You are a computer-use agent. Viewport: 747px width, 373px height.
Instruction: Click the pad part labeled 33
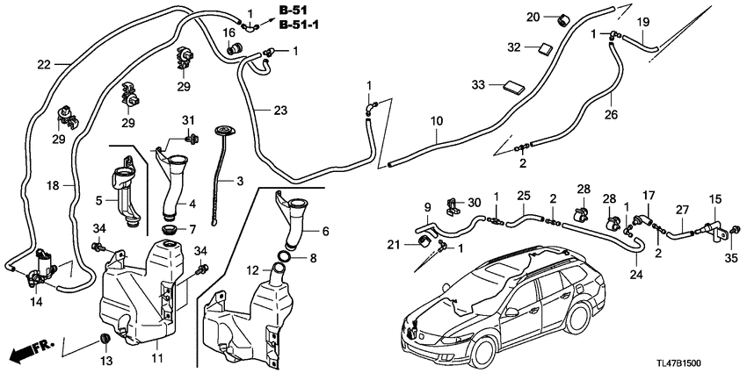[511, 85]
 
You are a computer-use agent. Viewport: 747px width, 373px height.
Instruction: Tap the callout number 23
[279, 111]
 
